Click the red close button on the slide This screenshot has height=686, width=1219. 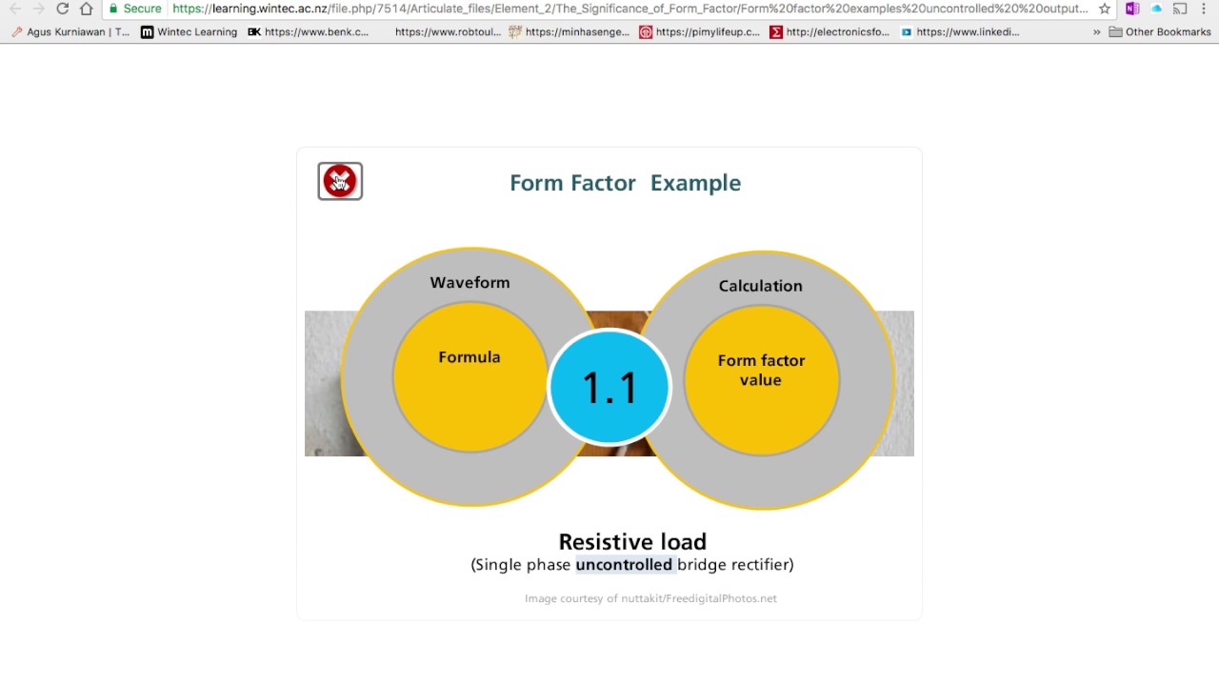point(340,181)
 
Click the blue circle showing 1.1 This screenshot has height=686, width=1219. point(609,387)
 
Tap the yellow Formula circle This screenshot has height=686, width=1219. point(470,376)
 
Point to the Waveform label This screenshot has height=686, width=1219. point(470,283)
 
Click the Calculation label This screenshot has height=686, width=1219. point(760,286)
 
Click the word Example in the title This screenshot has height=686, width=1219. point(695,183)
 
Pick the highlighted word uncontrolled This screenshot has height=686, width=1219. point(624,565)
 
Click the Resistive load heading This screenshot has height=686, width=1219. point(632,542)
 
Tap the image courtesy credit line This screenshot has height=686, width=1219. point(650,598)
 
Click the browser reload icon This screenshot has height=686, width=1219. point(63,9)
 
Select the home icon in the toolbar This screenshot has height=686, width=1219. point(87,9)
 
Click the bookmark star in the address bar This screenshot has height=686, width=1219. point(1105,9)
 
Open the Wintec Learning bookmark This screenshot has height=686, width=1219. point(189,31)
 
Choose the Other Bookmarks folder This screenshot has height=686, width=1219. point(1160,31)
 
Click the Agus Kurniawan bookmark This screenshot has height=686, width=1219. point(71,31)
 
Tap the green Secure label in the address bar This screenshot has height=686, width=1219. point(135,9)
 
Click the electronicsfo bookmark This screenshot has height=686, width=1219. point(829,31)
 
